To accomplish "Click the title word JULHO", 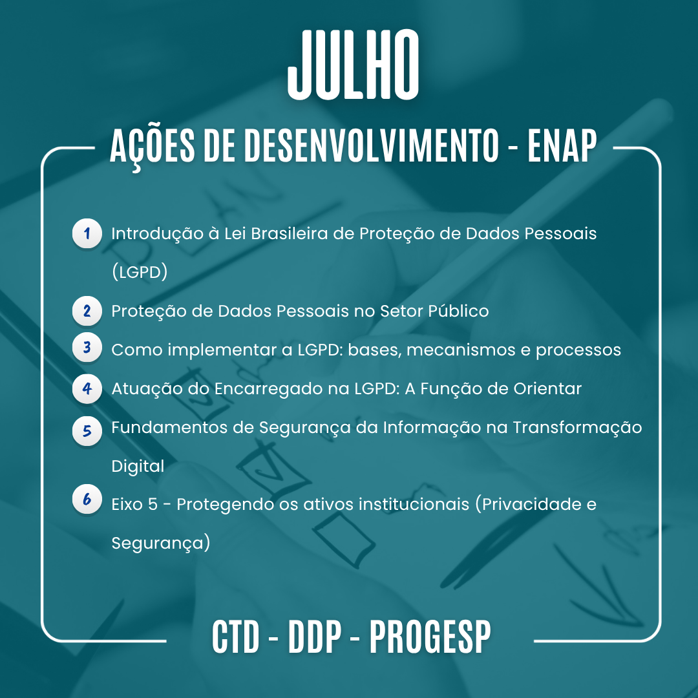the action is [x=353, y=65].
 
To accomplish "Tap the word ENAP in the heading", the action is [x=562, y=145].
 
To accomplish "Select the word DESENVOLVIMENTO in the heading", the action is [x=371, y=145].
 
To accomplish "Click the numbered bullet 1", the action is [x=87, y=233].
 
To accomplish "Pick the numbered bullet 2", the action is [x=87, y=311].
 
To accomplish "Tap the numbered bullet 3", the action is [x=87, y=347].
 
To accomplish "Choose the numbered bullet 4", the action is [x=87, y=388].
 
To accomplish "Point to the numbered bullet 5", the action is [x=87, y=431].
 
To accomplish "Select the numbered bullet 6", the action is [x=87, y=499].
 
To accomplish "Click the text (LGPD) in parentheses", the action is [x=140, y=271].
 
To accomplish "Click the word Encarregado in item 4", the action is [x=268, y=389].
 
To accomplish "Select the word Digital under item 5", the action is [x=138, y=466].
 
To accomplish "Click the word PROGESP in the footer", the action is [x=430, y=637].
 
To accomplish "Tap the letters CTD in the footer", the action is [x=235, y=637].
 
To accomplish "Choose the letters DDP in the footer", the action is [x=315, y=637].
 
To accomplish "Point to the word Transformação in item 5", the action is [x=577, y=428].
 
